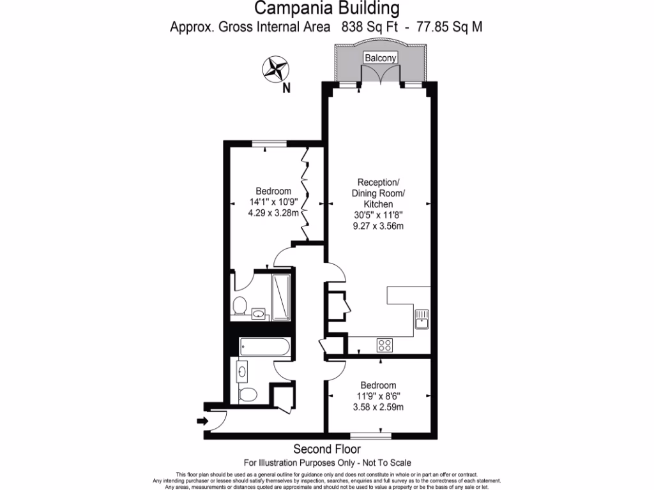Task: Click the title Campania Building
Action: [328, 9]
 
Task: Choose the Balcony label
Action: [381, 58]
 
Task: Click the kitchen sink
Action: [422, 318]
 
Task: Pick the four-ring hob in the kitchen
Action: [385, 345]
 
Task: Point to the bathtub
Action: [265, 348]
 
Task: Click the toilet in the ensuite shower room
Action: [240, 306]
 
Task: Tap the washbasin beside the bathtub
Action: [243, 370]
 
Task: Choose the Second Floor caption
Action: [327, 449]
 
